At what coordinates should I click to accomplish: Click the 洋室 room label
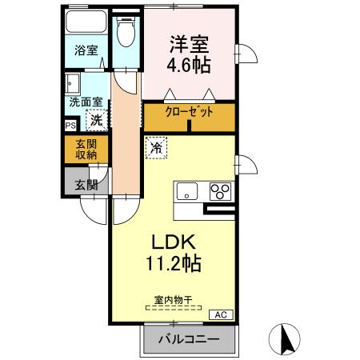(189, 43)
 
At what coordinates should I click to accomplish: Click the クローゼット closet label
(189, 113)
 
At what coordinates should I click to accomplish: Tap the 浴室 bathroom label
(86, 50)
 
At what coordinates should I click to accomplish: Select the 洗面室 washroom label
(85, 102)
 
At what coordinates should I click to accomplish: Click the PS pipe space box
(70, 125)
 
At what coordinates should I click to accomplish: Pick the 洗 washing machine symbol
(96, 122)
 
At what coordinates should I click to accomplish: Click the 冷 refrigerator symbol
(157, 147)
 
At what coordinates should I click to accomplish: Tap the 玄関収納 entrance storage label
(86, 150)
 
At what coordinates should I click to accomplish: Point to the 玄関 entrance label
(86, 185)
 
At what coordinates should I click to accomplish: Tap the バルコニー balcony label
(188, 339)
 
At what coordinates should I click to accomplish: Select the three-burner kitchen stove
(220, 192)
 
